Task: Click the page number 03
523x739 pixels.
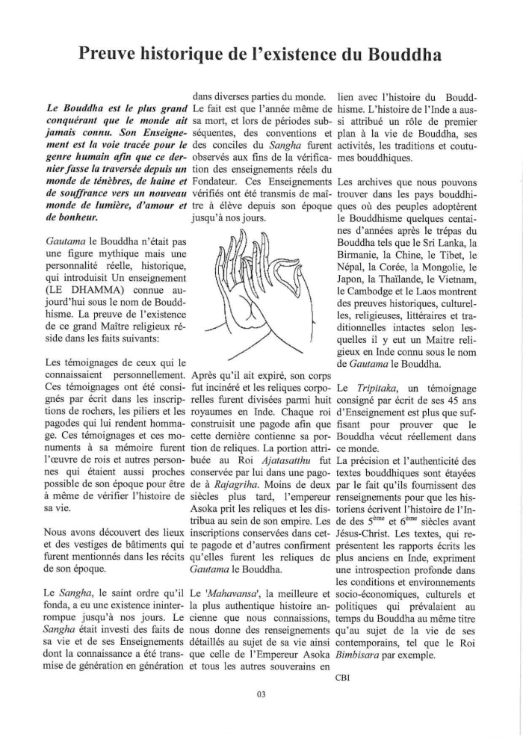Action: (x=261, y=693)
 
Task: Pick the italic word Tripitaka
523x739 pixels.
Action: (x=380, y=389)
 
